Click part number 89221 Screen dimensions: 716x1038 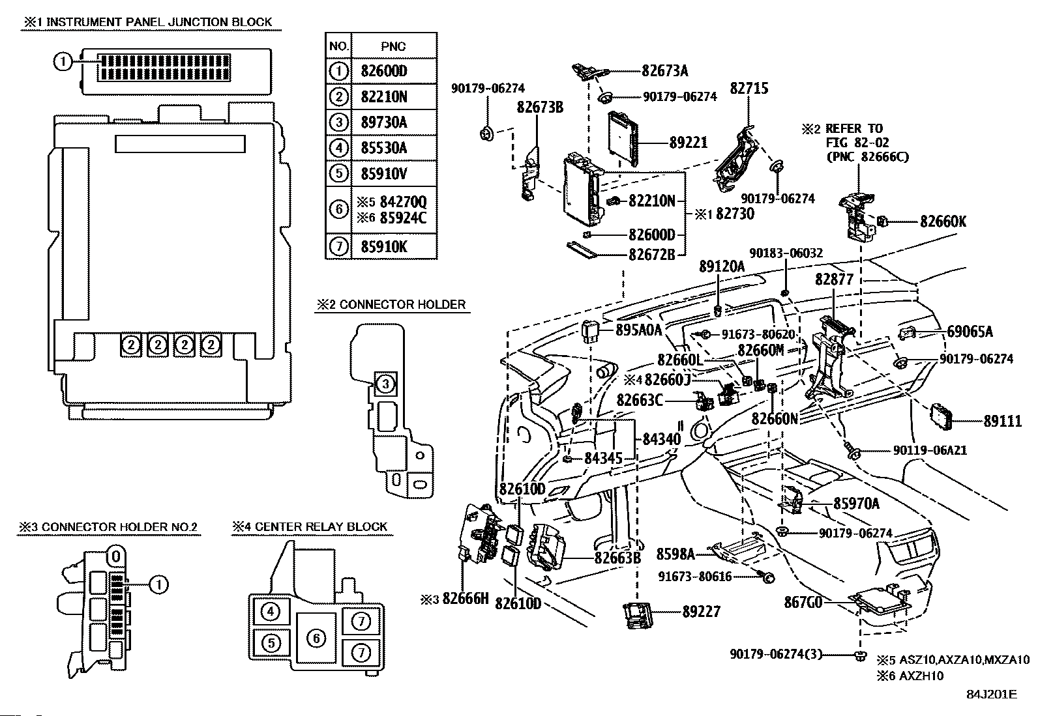688,142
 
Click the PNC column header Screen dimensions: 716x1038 393,46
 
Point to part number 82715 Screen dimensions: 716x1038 749,89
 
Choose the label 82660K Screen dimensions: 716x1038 943,222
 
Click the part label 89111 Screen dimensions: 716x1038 1002,422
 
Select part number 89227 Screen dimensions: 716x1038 702,611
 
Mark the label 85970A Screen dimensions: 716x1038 856,503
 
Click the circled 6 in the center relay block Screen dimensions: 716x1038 316,638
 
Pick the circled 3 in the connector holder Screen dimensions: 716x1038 385,384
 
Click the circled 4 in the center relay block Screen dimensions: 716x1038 270,611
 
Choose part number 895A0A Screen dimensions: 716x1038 639,330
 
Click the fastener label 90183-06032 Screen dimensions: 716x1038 786,253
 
